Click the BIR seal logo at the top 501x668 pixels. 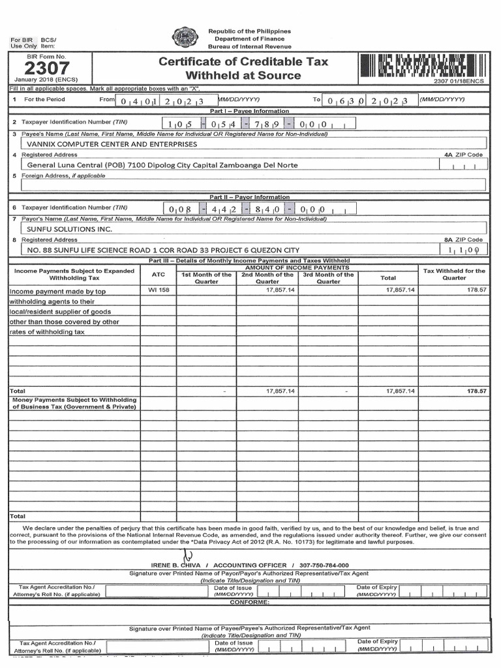coord(184,38)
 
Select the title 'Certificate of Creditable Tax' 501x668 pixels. coord(243,62)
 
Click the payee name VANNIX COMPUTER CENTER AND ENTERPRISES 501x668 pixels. coord(112,144)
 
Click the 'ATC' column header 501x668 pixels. coord(159,275)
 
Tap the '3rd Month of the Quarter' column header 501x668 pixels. coord(328,279)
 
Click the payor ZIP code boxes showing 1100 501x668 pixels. coord(464,250)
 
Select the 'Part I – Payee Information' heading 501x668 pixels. coord(250,112)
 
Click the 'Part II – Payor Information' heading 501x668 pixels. coord(250,197)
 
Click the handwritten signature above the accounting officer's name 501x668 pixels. coord(189,553)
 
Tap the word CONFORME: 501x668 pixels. coord(250,602)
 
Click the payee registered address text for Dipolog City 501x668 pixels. coord(162,165)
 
